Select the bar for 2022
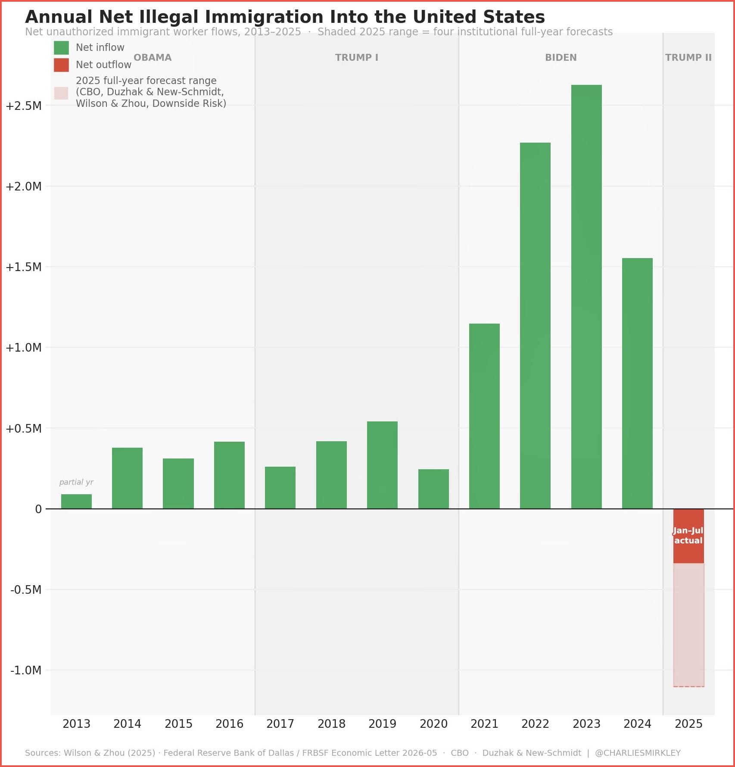coord(535,325)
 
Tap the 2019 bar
coord(382,465)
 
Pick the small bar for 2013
coord(76,501)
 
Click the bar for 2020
coord(433,489)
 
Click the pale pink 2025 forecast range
coord(688,625)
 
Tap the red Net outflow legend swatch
coord(61,65)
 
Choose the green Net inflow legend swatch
coord(61,47)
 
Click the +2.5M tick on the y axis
coord(24,106)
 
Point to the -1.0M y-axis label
coord(26,670)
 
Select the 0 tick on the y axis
coord(38,509)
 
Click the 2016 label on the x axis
coord(229,723)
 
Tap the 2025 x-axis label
coord(688,723)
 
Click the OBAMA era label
coord(153,57)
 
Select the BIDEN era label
coord(561,57)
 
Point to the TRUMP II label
coord(688,57)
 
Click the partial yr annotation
coord(76,482)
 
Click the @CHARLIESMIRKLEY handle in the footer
coord(638,753)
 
